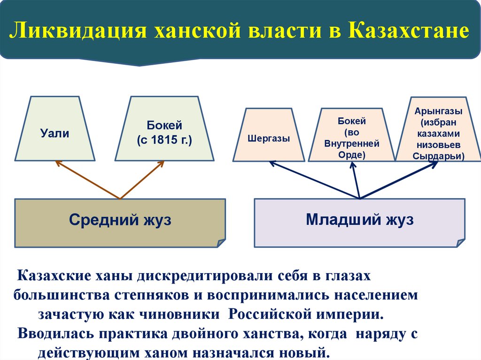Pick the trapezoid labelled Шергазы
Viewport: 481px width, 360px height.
coord(269,139)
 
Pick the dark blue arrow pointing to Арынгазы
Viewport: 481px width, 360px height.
coord(399,180)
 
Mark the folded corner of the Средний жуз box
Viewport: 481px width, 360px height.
coord(221,242)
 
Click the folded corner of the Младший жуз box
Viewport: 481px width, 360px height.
coord(460,242)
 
